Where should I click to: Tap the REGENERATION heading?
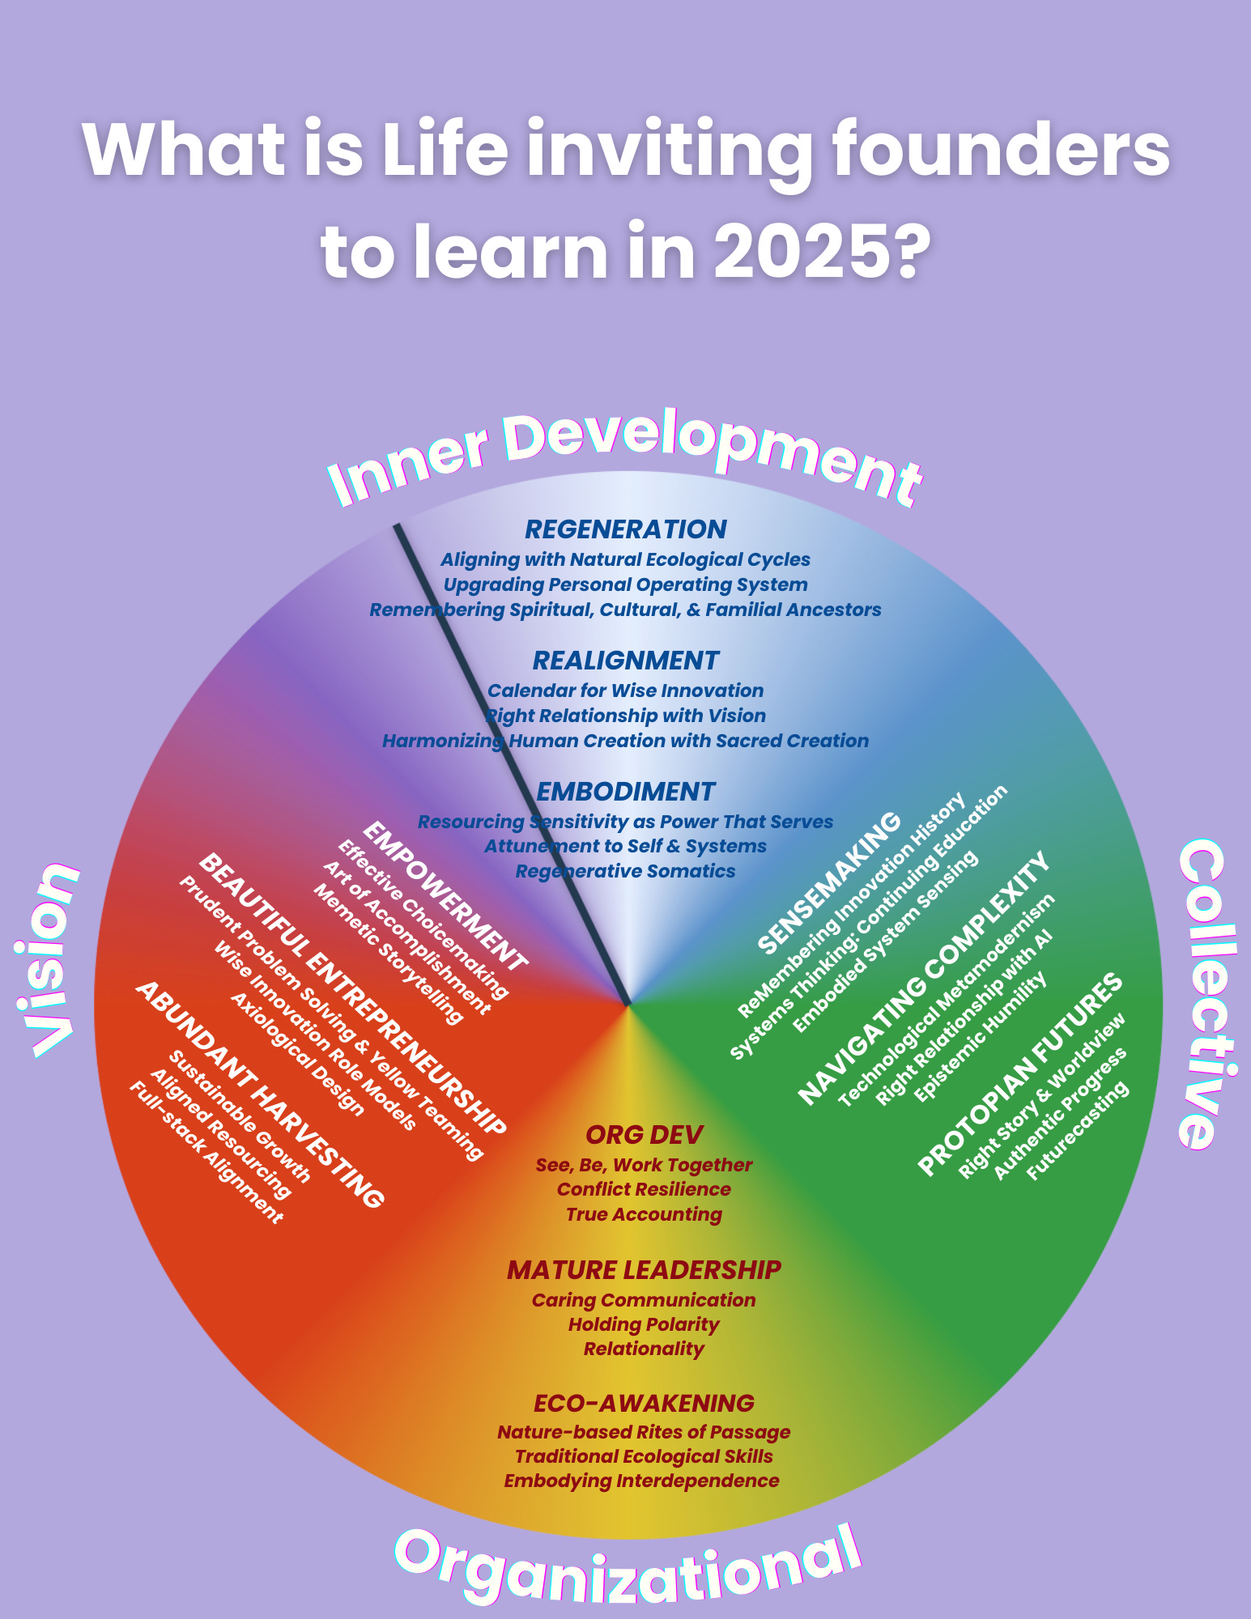[x=626, y=529]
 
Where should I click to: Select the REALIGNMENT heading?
[x=626, y=661]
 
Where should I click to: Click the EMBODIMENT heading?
[x=626, y=792]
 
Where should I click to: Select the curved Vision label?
[x=49, y=959]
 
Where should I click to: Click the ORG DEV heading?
[x=644, y=1135]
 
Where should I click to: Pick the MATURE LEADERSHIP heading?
[x=644, y=1270]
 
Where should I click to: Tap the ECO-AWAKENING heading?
[x=644, y=1403]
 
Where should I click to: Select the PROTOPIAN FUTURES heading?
[x=1020, y=1074]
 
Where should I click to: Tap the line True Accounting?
[x=644, y=1214]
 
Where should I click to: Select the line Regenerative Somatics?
[x=626, y=871]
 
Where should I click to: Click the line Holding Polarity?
[x=644, y=1324]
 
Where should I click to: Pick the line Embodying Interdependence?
[x=642, y=1481]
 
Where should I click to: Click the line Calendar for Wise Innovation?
[x=626, y=691]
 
